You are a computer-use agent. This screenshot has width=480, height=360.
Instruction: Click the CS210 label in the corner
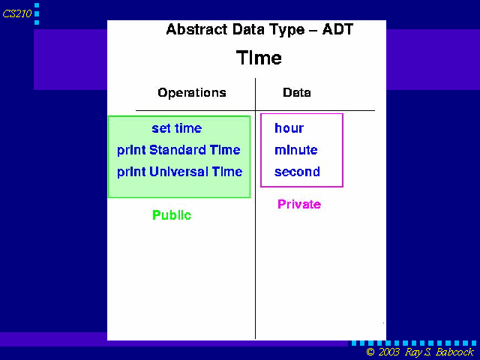point(16,13)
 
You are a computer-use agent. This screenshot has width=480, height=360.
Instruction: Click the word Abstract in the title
point(196,29)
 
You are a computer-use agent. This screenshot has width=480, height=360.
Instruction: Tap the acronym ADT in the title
point(337,29)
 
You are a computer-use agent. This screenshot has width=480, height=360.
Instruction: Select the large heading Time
point(259,58)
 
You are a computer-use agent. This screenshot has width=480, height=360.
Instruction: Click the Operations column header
point(192,93)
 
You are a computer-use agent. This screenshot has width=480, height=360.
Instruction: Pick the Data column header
point(297,92)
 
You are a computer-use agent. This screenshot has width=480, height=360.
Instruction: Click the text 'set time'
point(177,128)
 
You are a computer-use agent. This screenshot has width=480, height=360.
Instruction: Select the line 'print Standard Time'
point(178,150)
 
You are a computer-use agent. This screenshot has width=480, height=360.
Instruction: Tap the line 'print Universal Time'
point(180,172)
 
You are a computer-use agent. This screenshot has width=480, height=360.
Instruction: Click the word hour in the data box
point(289,128)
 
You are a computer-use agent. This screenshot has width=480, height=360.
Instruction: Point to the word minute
point(296,150)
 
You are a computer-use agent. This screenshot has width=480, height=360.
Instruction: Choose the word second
point(297,172)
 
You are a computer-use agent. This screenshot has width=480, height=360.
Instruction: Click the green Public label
point(172,215)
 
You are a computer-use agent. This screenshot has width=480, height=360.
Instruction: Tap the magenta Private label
point(299,204)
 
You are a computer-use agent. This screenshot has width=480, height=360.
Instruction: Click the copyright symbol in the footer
point(370,352)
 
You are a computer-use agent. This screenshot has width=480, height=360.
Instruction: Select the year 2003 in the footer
point(388,352)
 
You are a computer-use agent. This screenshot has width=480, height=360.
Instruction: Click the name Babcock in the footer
point(454,352)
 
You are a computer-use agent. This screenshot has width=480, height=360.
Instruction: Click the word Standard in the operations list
point(178,150)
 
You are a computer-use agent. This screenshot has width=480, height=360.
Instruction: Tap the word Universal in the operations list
point(178,172)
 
